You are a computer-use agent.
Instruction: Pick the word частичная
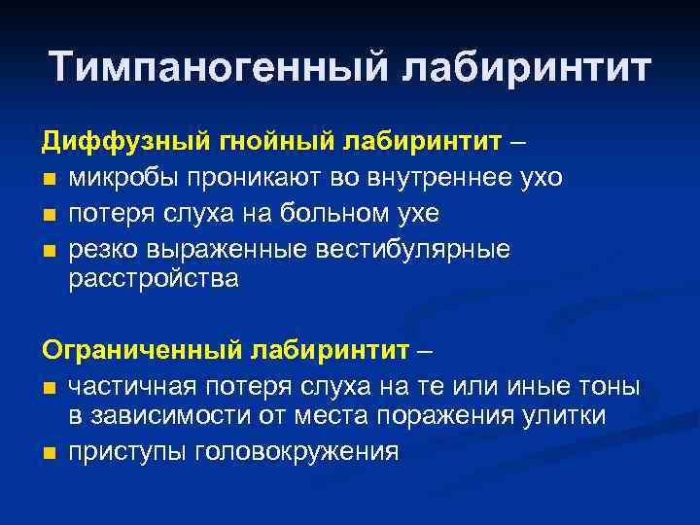(131, 386)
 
